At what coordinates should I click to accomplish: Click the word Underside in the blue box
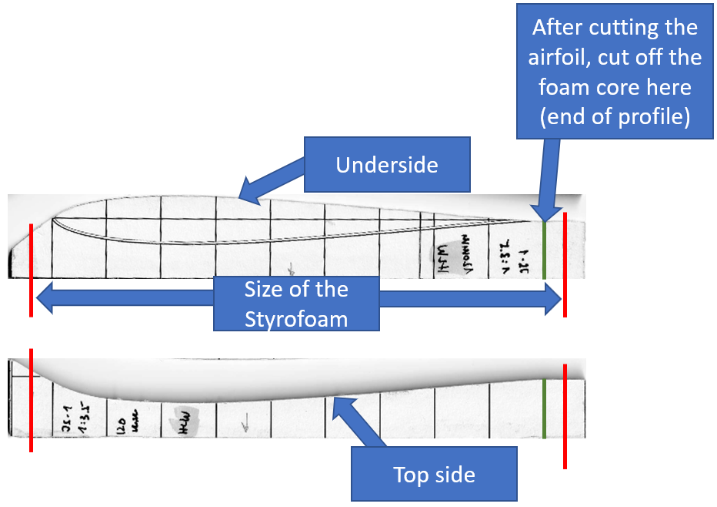[x=386, y=165]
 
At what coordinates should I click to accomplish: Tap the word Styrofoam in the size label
[x=296, y=317]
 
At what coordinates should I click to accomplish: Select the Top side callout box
[x=434, y=474]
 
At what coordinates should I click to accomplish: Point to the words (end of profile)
[x=616, y=116]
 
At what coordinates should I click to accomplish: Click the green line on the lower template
[x=544, y=408]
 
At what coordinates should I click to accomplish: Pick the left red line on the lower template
[x=31, y=401]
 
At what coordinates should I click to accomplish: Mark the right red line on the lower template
[x=565, y=416]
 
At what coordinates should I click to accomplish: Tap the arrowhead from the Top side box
[x=334, y=402]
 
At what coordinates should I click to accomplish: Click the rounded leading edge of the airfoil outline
[x=53, y=223]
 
